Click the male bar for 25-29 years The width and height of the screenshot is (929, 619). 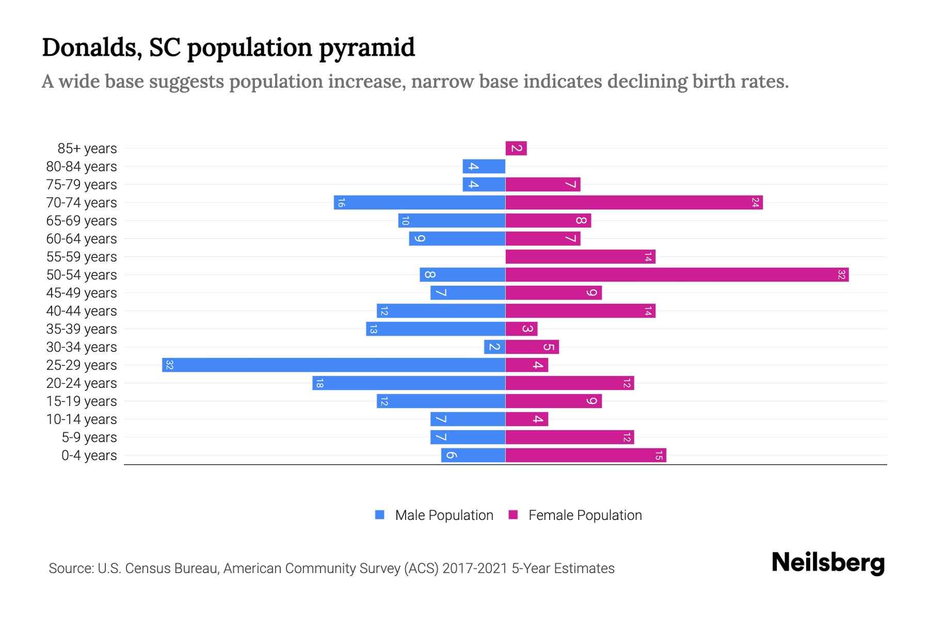pyautogui.click(x=333, y=365)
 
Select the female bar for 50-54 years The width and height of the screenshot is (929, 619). pyautogui.click(x=677, y=275)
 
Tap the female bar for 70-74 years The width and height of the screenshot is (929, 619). pyautogui.click(x=634, y=203)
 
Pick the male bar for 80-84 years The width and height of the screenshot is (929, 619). pyautogui.click(x=484, y=167)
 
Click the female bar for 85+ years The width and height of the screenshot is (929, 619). pyautogui.click(x=516, y=149)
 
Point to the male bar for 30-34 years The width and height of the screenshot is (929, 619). pyautogui.click(x=494, y=347)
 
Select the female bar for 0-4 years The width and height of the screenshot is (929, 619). pyautogui.click(x=586, y=455)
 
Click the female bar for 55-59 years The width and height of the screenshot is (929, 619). pyautogui.click(x=580, y=257)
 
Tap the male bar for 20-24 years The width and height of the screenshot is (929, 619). pyautogui.click(x=408, y=383)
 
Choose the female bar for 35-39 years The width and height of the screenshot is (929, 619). pyautogui.click(x=521, y=329)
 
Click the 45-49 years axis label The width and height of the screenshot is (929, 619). pyautogui.click(x=82, y=293)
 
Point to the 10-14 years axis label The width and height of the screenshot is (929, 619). pyautogui.click(x=82, y=419)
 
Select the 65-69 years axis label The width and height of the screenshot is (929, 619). pyautogui.click(x=82, y=221)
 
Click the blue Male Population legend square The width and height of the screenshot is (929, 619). pyautogui.click(x=380, y=515)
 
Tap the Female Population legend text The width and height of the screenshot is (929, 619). pyautogui.click(x=585, y=515)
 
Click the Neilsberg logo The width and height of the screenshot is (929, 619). pyautogui.click(x=828, y=563)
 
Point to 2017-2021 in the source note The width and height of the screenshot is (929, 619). pyautogui.click(x=475, y=568)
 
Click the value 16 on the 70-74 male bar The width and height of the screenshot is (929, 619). pyautogui.click(x=341, y=203)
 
